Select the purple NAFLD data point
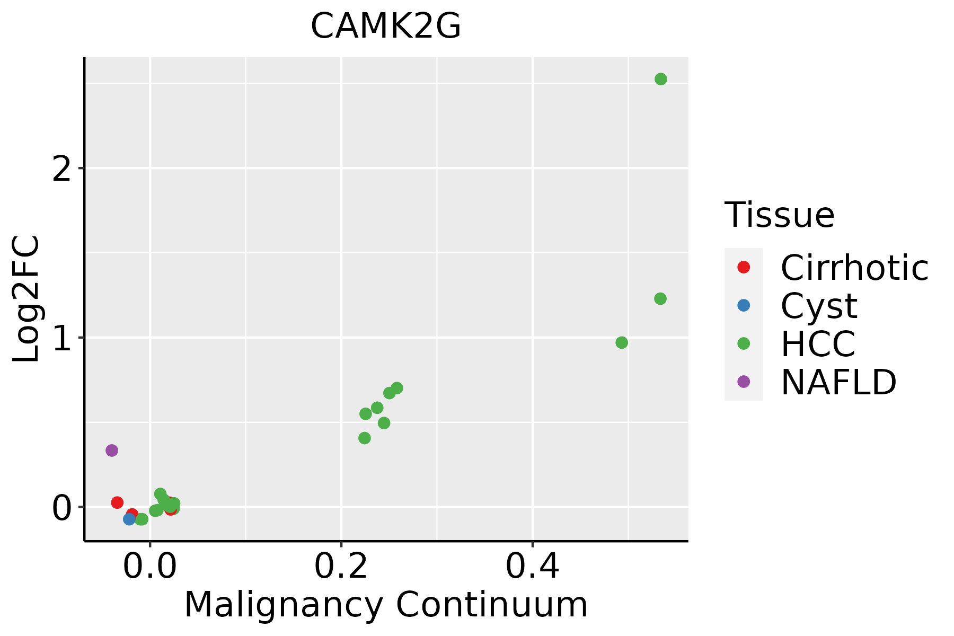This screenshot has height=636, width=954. pos(111,450)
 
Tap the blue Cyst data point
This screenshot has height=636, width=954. pos(129,519)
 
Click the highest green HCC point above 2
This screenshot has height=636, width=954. pos(660,79)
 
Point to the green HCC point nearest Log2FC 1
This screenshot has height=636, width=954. pos(622,342)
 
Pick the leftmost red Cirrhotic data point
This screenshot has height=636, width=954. pos(117,502)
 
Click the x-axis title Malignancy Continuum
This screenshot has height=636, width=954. pos(385,605)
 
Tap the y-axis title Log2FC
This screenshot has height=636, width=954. pos(26,299)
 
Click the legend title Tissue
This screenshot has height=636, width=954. pos(779,215)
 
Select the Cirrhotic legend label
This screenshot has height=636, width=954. pos(854,268)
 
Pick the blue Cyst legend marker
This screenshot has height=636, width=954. pos(744,305)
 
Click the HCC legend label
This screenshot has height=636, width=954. pos(818,343)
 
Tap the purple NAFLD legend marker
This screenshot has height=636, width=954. pos(744,381)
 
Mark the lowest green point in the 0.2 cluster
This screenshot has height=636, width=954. pos(365,438)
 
